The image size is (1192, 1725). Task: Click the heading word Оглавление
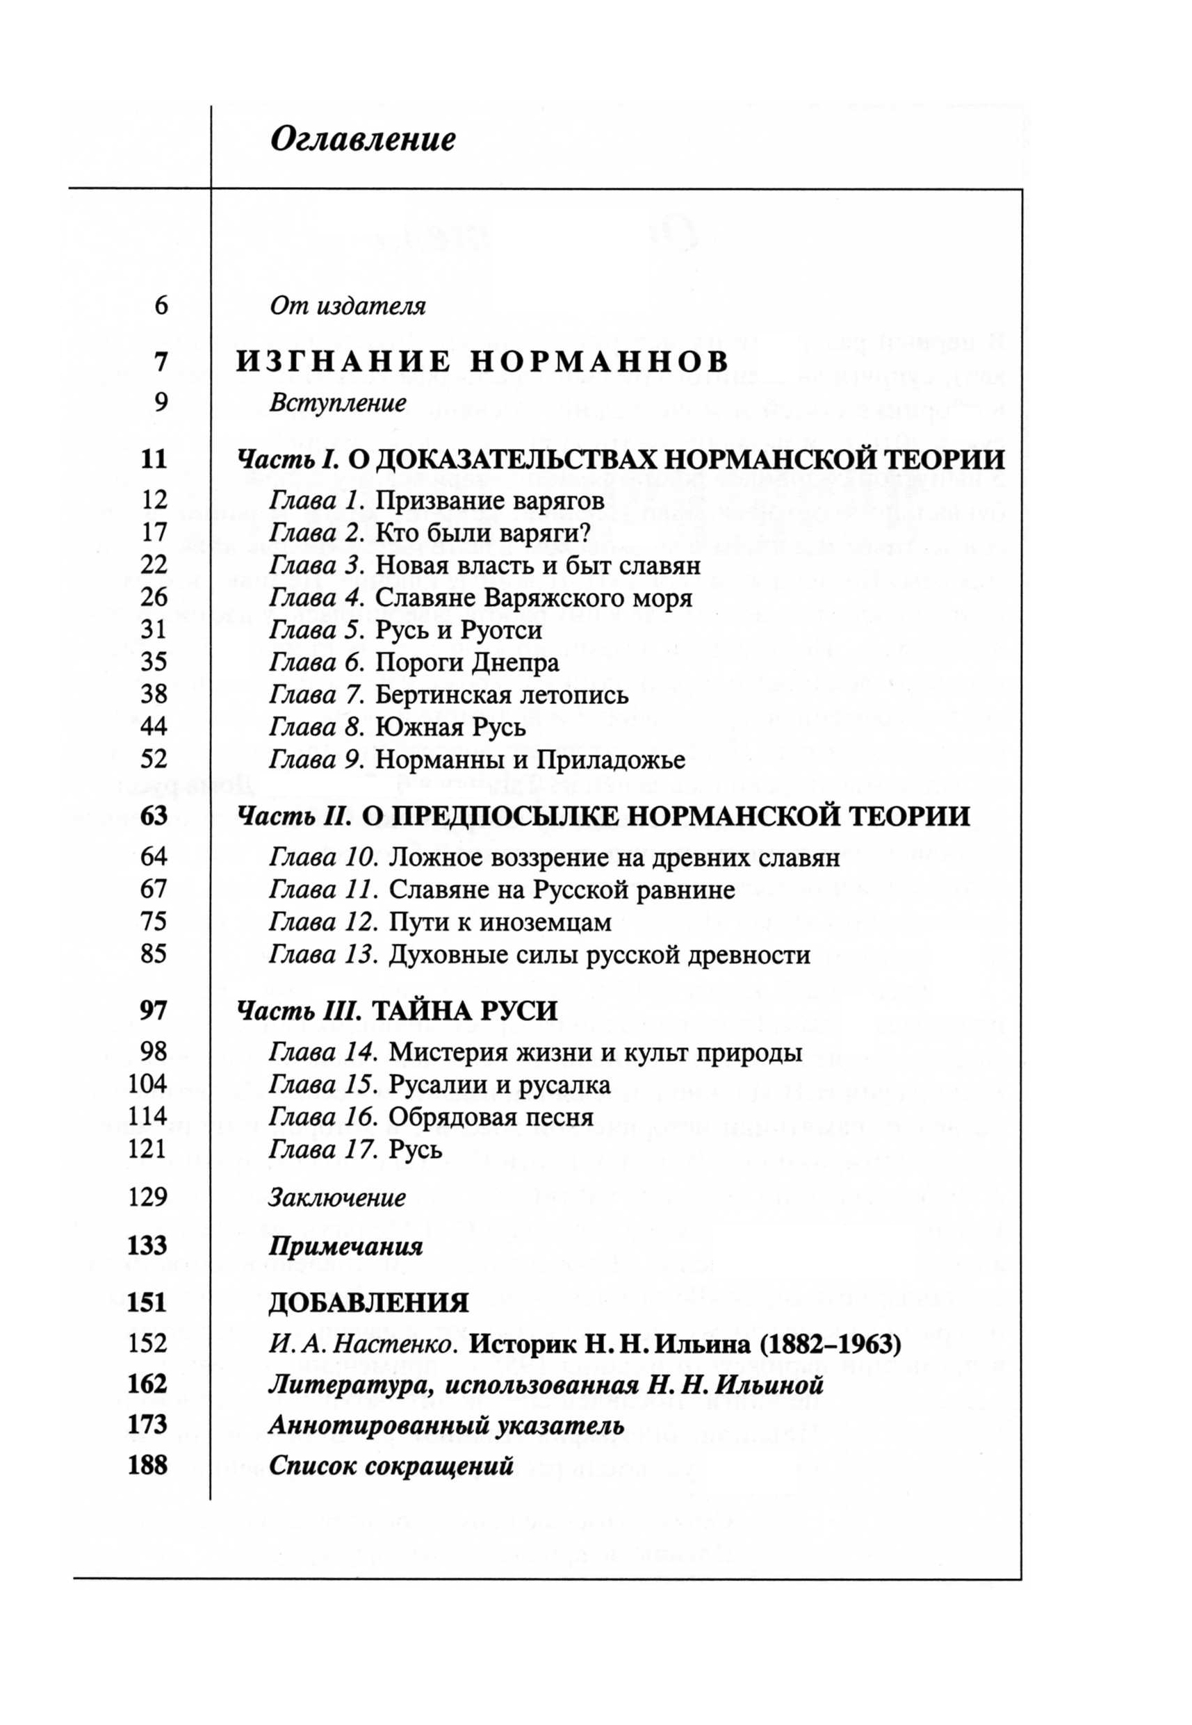click(362, 140)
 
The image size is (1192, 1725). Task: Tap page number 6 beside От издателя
click(161, 306)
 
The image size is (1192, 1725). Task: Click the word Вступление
click(338, 403)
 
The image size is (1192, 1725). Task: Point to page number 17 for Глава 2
click(154, 532)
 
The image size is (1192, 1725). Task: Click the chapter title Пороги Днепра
click(467, 662)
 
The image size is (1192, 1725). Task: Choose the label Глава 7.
click(316, 695)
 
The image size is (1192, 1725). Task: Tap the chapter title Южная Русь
click(450, 728)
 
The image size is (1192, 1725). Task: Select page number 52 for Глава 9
click(154, 760)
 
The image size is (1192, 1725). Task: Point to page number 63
click(154, 816)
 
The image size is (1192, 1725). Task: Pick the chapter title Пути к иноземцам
click(500, 923)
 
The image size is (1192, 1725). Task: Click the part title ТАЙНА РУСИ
click(464, 1011)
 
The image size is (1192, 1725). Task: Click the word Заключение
click(337, 1199)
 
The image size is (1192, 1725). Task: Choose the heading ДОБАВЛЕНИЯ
click(368, 1303)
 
